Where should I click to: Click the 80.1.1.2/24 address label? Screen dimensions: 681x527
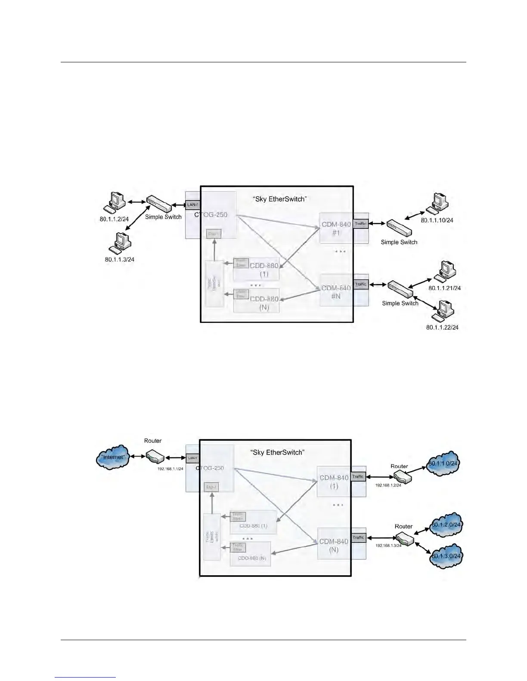pyautogui.click(x=114, y=219)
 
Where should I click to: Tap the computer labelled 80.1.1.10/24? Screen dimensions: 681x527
pyautogui.click(x=437, y=202)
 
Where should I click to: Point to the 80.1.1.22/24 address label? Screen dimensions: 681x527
pyautogui.click(x=442, y=327)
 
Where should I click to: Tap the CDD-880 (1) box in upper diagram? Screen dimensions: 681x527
pyautogui.click(x=256, y=269)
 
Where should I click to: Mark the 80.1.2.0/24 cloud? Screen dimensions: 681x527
pyautogui.click(x=446, y=525)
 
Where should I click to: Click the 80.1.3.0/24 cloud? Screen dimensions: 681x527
pyautogui.click(x=446, y=555)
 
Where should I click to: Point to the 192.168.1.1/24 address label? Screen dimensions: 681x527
pyautogui.click(x=170, y=469)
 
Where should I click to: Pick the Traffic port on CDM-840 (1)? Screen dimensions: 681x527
pyautogui.click(x=358, y=476)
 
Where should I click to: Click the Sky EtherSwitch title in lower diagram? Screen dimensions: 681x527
pyautogui.click(x=277, y=452)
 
